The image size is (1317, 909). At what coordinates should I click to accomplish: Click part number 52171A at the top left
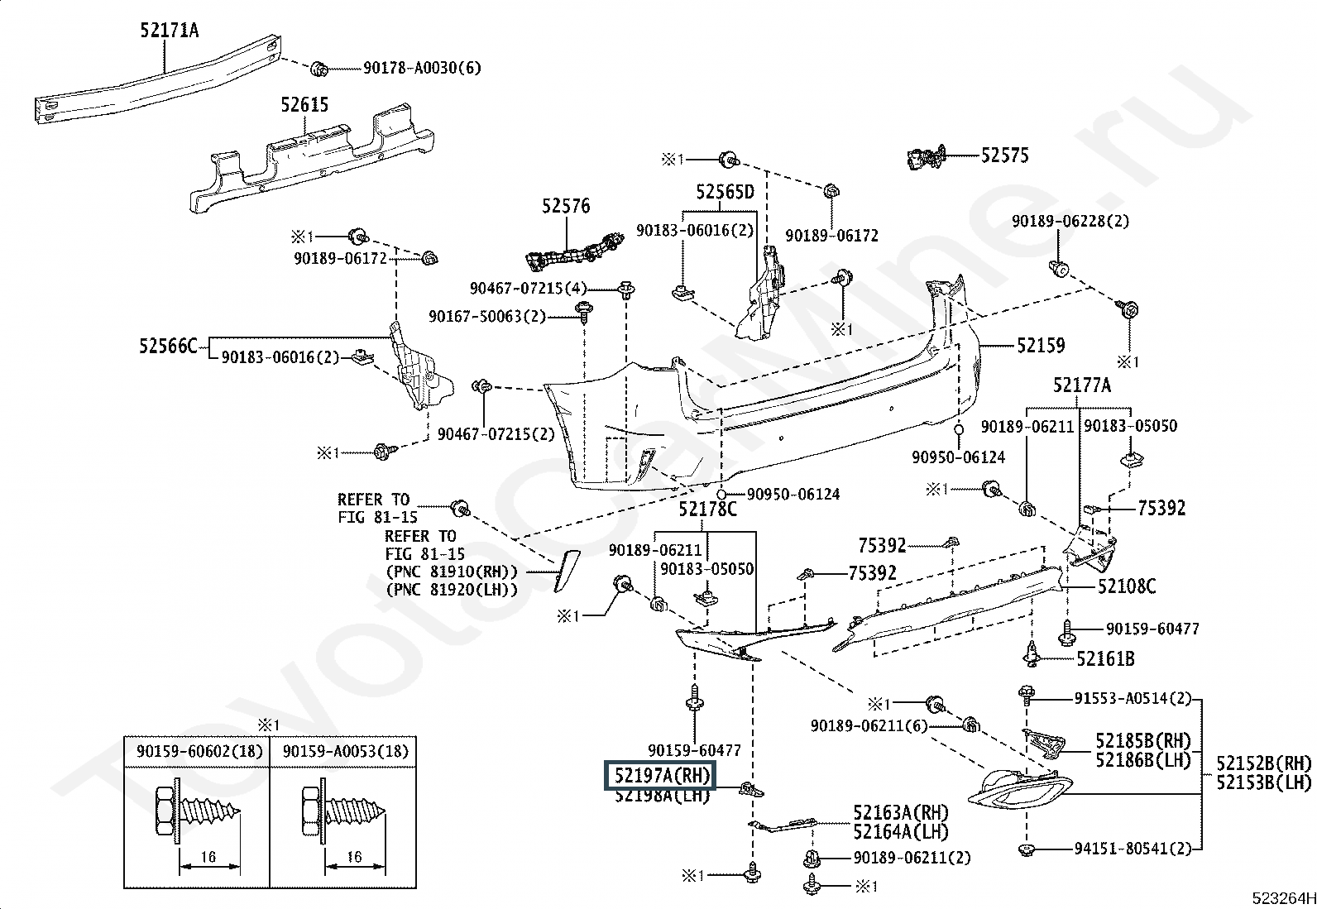[x=170, y=30]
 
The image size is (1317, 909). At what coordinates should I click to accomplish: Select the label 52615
[x=304, y=105]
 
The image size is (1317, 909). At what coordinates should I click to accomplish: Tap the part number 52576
[x=566, y=206]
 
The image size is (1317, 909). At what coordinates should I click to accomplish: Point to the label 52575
[x=1005, y=155]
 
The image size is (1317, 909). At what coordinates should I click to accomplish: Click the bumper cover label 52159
[x=1041, y=345]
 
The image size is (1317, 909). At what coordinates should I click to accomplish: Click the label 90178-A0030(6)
[x=422, y=68]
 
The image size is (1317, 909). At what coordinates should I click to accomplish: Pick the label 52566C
[x=168, y=346]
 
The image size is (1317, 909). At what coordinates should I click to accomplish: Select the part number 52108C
[x=1127, y=586]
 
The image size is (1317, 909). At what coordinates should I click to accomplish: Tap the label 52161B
[x=1105, y=658]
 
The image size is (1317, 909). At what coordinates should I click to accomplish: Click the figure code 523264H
[x=1283, y=897]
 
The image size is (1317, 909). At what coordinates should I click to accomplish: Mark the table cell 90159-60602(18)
[x=196, y=751]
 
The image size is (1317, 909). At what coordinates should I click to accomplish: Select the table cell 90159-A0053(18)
[x=346, y=751]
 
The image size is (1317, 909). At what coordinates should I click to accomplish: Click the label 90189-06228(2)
[x=1070, y=222]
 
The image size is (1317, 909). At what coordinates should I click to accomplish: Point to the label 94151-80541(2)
[x=1133, y=849]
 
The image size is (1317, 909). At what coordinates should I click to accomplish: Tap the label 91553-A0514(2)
[x=1133, y=698]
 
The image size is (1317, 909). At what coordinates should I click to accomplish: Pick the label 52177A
[x=1082, y=385]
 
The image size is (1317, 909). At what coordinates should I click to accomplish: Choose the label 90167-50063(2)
[x=487, y=317]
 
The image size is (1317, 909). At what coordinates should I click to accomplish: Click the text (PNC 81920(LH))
[x=452, y=589]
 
